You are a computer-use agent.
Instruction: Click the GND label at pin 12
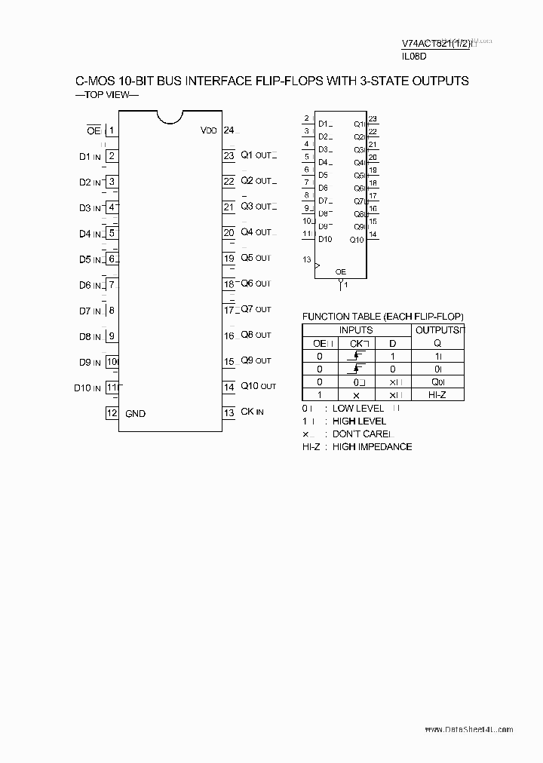tap(136, 413)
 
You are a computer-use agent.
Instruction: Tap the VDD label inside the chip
tap(209, 130)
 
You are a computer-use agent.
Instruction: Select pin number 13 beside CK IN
tap(229, 412)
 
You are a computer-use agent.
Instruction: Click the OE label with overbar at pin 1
tap(93, 130)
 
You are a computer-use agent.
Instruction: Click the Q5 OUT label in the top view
tap(256, 258)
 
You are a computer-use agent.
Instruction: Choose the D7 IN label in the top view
tap(90, 311)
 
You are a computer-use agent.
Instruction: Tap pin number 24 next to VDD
tap(229, 130)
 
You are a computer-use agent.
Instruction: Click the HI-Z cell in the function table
tap(437, 394)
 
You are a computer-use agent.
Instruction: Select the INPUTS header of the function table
tap(356, 329)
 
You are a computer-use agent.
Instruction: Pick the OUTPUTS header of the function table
tap(437, 329)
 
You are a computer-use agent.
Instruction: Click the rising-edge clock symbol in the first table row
tap(357, 355)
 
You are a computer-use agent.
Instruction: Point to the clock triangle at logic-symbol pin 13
tap(318, 265)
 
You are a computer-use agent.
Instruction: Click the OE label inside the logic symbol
tap(341, 271)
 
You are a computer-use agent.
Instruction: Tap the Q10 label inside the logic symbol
tap(357, 240)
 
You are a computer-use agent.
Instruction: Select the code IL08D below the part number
tap(414, 57)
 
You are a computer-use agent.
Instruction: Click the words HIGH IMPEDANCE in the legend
tap(373, 446)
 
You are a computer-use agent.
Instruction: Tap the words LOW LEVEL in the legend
tap(359, 408)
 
